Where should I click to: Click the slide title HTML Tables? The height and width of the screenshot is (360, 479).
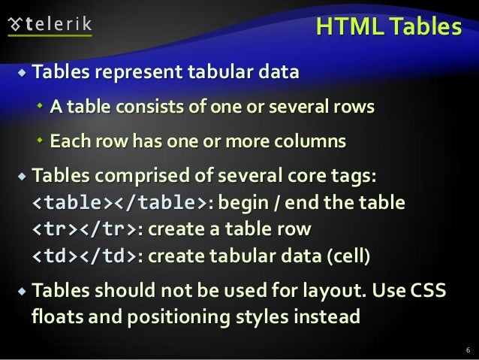point(387,28)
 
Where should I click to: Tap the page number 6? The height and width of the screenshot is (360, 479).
point(467,349)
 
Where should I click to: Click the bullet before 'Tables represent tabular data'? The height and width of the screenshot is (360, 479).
point(20,74)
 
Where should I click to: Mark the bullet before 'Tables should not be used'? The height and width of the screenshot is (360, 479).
point(20,290)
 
